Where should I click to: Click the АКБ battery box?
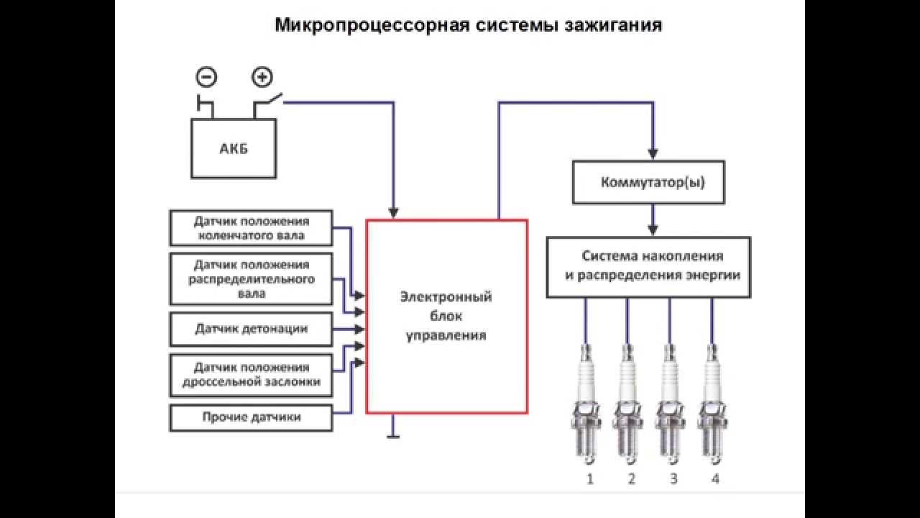click(233, 149)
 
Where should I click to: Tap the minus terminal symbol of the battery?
click(206, 76)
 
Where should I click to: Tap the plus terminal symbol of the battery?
click(262, 76)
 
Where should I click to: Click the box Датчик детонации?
click(251, 329)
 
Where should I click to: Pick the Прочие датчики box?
click(251, 417)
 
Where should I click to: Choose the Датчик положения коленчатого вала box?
click(251, 227)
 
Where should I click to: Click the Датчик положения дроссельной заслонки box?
click(251, 374)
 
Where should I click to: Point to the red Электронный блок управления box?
click(446, 317)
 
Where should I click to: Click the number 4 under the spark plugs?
click(714, 478)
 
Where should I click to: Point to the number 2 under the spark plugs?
click(631, 478)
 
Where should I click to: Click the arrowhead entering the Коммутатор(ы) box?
click(653, 153)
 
